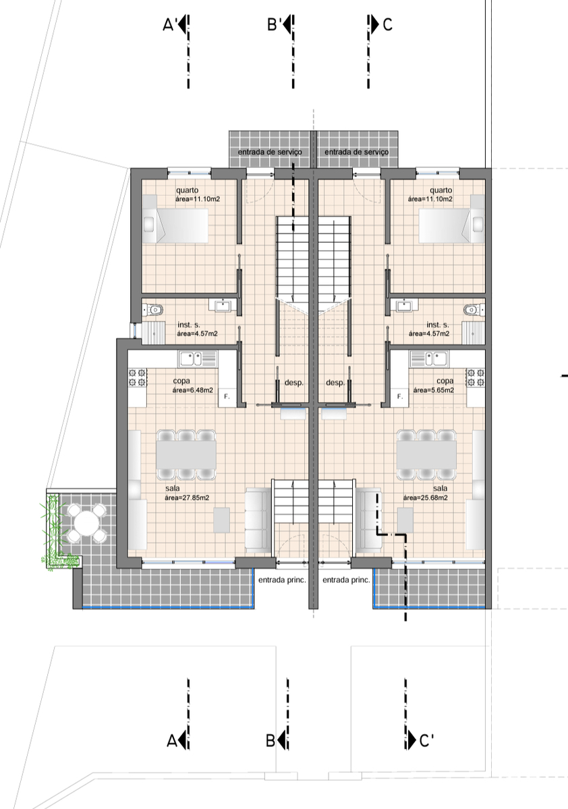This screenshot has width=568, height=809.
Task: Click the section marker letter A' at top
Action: [170, 24]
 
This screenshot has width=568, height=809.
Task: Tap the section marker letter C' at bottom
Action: [426, 741]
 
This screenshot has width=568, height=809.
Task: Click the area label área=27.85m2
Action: [187, 498]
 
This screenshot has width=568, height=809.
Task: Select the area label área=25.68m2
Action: [425, 498]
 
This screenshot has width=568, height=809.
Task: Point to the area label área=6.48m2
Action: [192, 390]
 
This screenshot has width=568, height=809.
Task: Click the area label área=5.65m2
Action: [433, 390]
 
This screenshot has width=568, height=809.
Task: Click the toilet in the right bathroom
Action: [474, 310]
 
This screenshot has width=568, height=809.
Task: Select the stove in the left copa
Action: [138, 377]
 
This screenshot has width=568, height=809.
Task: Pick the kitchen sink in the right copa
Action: [429, 358]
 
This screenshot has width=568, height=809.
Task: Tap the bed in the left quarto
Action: [175, 219]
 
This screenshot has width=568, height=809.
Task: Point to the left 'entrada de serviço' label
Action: [270, 152]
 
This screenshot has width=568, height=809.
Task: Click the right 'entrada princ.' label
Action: [346, 580]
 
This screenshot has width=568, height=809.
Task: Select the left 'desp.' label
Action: [294, 383]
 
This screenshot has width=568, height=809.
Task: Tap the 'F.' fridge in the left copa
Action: [227, 397]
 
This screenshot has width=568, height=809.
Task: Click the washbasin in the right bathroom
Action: [407, 306]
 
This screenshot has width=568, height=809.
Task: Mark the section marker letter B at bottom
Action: [271, 741]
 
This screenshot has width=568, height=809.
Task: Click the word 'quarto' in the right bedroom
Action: [441, 190]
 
